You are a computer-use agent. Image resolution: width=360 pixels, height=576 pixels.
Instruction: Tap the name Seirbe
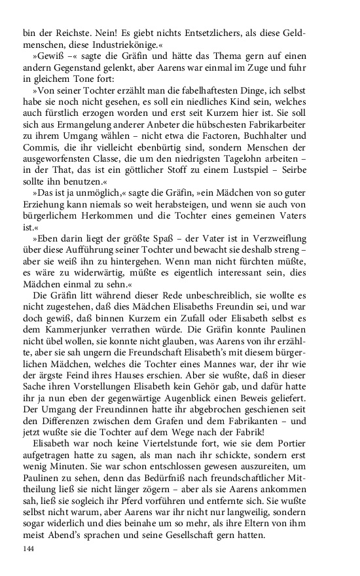point(287,194)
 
